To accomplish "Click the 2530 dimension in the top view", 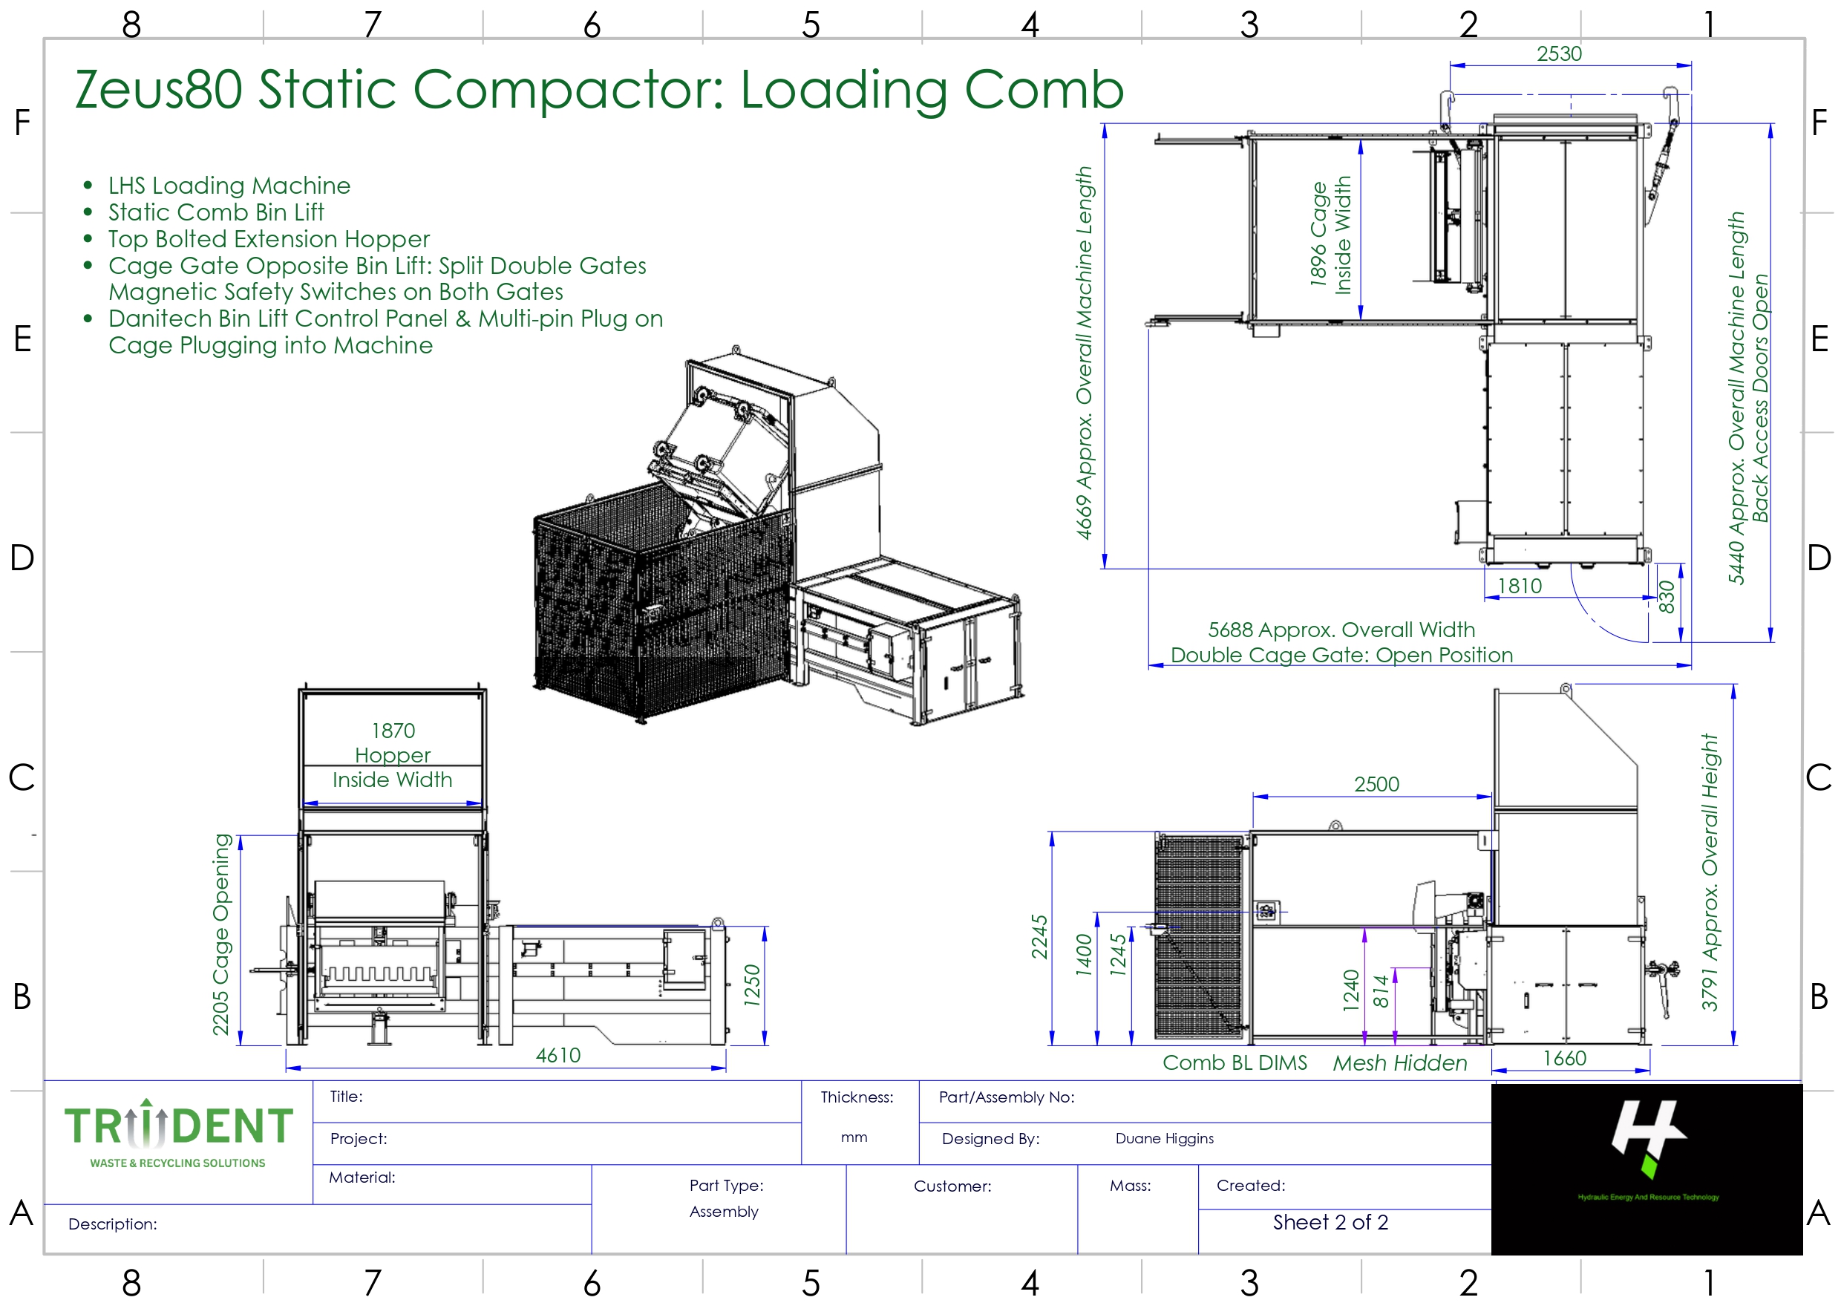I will [x=1558, y=53].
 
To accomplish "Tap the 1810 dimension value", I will [x=1520, y=586].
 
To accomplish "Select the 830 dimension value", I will [x=1666, y=597].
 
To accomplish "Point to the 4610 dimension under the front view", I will [x=557, y=1055].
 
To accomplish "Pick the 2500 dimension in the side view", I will [x=1376, y=784].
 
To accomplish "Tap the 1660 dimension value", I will [x=1564, y=1058].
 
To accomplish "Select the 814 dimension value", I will [x=1380, y=991].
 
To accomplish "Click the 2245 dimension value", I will [x=1039, y=936].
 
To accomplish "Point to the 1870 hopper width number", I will [x=393, y=730].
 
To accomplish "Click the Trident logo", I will [x=178, y=1134].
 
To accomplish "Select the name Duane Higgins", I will [x=1164, y=1138].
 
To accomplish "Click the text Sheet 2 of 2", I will [x=1330, y=1222].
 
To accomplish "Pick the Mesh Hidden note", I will [x=1400, y=1063].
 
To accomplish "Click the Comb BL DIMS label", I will [x=1235, y=1063].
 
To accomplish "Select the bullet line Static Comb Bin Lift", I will [x=216, y=212].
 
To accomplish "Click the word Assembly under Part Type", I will [x=724, y=1212].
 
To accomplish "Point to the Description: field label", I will [x=112, y=1224].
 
